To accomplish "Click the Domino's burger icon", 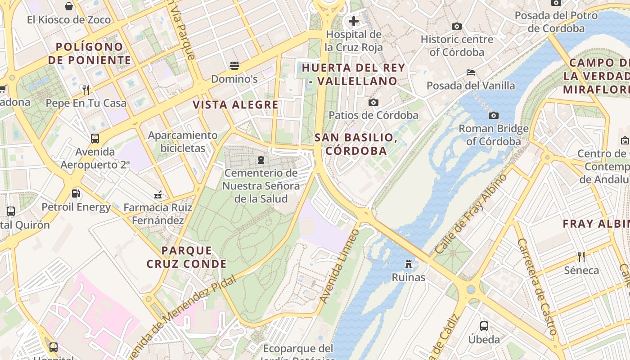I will [234, 66].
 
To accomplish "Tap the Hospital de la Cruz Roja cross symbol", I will [354, 21].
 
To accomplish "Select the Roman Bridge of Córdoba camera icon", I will [494, 116].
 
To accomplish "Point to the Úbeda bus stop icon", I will [484, 326].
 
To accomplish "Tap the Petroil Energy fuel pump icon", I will [76, 194].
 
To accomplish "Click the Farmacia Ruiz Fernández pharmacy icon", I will [158, 195].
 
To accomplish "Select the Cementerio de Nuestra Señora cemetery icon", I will [261, 160].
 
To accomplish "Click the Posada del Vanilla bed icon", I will [471, 72].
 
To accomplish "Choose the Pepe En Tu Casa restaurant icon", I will [86, 90].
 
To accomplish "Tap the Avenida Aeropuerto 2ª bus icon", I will [95, 139].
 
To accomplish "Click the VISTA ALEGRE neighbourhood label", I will [236, 105].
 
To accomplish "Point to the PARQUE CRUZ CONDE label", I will [186, 257].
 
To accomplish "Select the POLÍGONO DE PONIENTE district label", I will [90, 53].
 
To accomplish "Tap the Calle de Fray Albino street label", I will [471, 213].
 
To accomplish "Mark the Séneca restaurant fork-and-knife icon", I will [581, 257].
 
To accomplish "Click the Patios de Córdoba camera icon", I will [373, 103].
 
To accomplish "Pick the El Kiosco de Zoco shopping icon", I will [69, 6].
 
